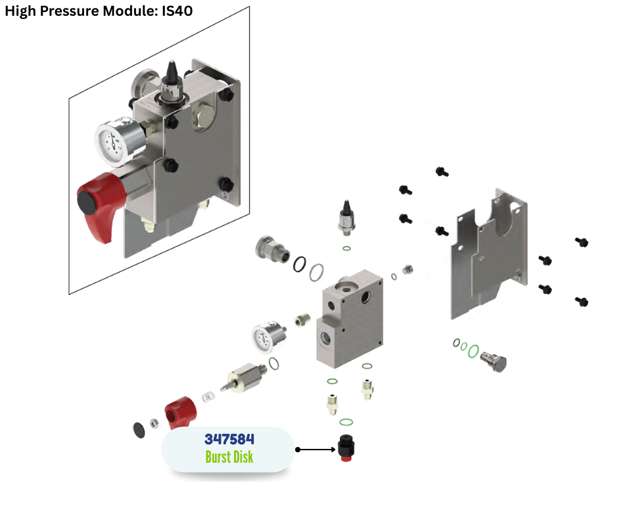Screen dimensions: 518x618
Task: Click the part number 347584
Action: click(x=229, y=439)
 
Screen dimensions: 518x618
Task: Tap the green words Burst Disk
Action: click(x=229, y=456)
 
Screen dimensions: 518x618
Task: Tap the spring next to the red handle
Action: click(x=208, y=398)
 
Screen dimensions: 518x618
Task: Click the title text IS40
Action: click(x=178, y=11)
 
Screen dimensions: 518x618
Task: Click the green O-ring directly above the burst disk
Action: click(x=346, y=422)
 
